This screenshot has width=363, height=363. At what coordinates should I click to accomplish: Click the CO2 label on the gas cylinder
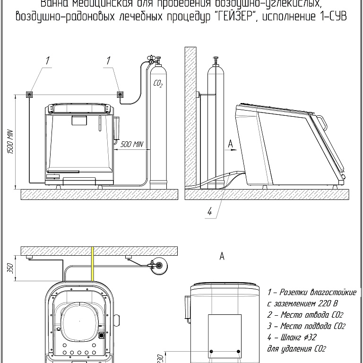[158, 85]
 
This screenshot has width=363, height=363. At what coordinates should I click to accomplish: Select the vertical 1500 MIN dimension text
[9, 142]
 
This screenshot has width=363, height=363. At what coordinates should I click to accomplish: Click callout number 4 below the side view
[209, 212]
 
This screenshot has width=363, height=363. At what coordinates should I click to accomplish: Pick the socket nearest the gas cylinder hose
[121, 95]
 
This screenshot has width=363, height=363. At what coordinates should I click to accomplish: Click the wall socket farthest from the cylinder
[29, 95]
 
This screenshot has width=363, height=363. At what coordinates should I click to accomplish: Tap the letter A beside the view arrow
[230, 143]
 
